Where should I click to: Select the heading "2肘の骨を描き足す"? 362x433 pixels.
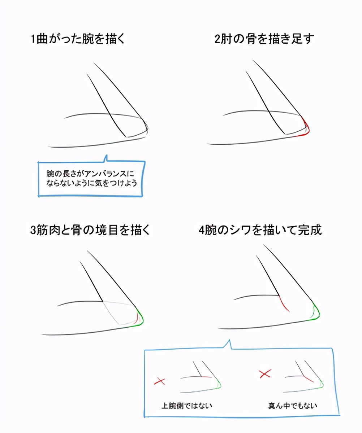point(264,39)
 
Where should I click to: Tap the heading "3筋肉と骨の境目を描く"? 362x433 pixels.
point(90,230)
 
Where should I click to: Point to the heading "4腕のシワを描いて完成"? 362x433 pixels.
point(260,230)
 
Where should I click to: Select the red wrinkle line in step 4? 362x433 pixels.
point(284,303)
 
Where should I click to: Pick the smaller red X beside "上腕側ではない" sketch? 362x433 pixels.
point(160,381)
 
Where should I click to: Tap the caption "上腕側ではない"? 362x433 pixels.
point(187,406)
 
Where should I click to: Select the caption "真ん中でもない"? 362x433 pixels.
point(293,406)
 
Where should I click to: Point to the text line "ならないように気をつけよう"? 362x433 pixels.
point(92,183)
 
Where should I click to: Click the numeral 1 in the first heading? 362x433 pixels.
point(33,39)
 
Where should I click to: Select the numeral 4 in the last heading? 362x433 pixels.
point(202,230)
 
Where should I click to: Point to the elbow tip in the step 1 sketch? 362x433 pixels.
point(148,128)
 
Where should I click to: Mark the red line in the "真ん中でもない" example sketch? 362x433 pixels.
point(309,379)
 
